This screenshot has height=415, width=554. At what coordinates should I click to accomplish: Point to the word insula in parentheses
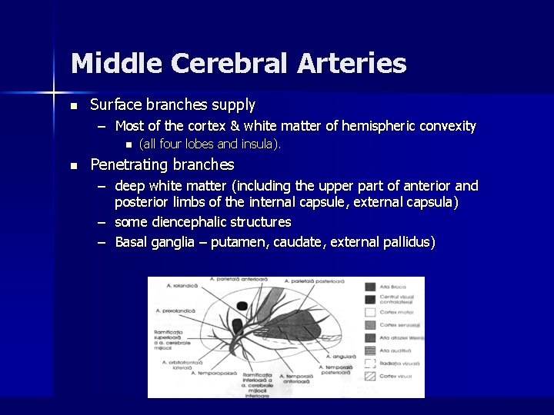click(259, 144)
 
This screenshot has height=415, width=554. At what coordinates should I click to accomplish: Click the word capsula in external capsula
click(432, 202)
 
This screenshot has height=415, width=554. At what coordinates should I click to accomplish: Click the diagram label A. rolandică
click(182, 285)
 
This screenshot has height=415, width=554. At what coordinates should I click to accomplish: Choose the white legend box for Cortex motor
click(370, 312)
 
